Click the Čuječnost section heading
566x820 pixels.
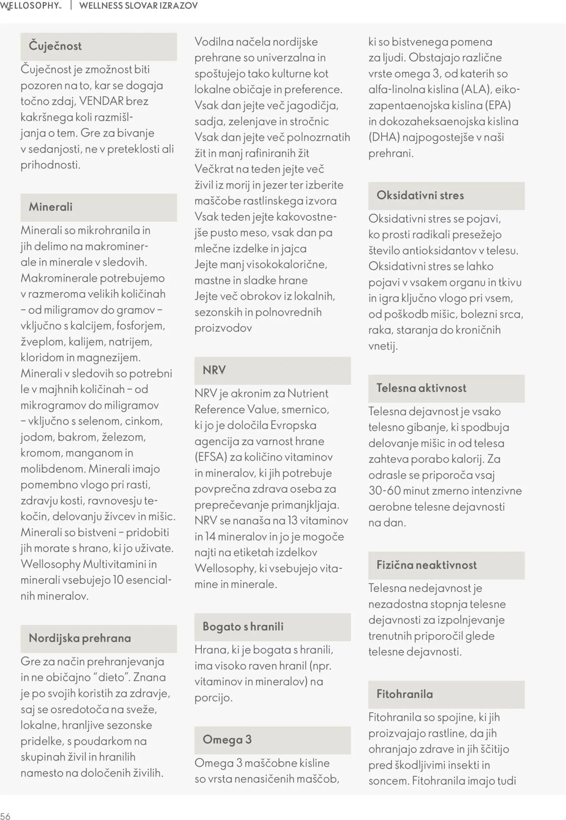tap(55, 46)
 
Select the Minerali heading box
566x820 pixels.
tap(51, 207)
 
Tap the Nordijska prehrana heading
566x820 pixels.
tap(80, 638)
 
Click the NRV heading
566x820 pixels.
tap(214, 370)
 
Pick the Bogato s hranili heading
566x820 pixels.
tap(243, 627)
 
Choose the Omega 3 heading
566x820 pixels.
tap(227, 740)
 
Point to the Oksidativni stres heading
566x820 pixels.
tap(420, 195)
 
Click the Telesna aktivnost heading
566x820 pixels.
tap(421, 388)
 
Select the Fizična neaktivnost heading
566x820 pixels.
tap(426, 565)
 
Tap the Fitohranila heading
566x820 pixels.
tap(404, 694)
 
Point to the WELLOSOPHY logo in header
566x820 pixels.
tap(31, 5)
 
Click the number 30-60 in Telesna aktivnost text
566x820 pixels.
tap(385, 491)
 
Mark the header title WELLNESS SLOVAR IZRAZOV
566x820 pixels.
tap(138, 5)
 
